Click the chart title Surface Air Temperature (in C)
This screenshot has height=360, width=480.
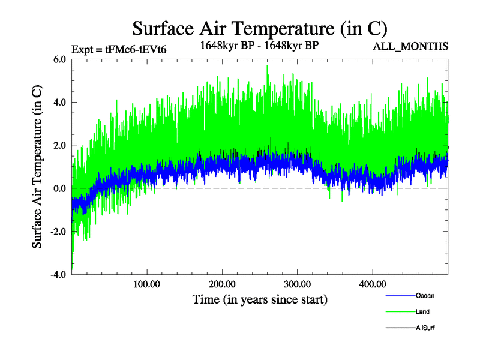[259, 28]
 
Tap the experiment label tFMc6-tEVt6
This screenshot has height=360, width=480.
[119, 49]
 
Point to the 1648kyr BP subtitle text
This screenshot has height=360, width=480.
[259, 46]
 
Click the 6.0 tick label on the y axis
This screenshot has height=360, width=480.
[60, 59]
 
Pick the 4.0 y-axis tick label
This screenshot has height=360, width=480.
[60, 103]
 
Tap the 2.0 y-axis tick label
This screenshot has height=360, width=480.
[60, 146]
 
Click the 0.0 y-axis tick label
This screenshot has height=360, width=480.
[60, 189]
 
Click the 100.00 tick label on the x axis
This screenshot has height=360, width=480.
[147, 284]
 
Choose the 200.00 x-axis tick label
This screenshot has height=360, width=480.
[222, 284]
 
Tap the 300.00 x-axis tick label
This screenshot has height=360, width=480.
[297, 284]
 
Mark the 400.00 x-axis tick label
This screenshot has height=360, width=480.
[372, 284]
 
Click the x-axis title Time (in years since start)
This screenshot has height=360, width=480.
[260, 299]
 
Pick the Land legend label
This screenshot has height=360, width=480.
[422, 311]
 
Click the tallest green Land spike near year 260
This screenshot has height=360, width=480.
[267, 66]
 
